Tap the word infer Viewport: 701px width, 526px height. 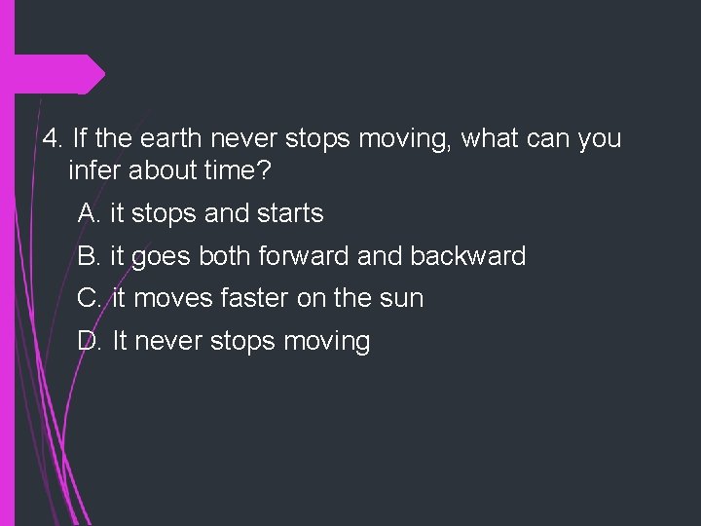coord(93,172)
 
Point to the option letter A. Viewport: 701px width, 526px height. coord(90,212)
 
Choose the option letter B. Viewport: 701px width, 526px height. coord(90,257)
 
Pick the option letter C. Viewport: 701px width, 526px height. coord(90,298)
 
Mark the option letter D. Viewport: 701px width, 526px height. coord(90,341)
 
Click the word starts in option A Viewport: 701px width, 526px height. coord(289,212)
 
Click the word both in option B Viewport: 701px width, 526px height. coord(221,257)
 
